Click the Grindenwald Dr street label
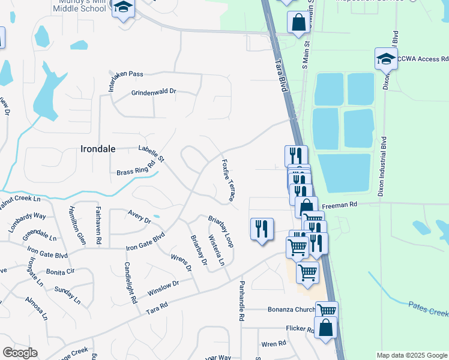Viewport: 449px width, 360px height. [154, 92]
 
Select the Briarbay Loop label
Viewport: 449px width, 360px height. [220, 232]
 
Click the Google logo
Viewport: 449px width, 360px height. [20, 353]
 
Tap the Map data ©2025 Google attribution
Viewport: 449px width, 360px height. [412, 355]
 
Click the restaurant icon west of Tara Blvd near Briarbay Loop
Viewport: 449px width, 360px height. [262, 229]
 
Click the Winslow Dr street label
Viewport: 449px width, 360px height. [163, 285]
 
